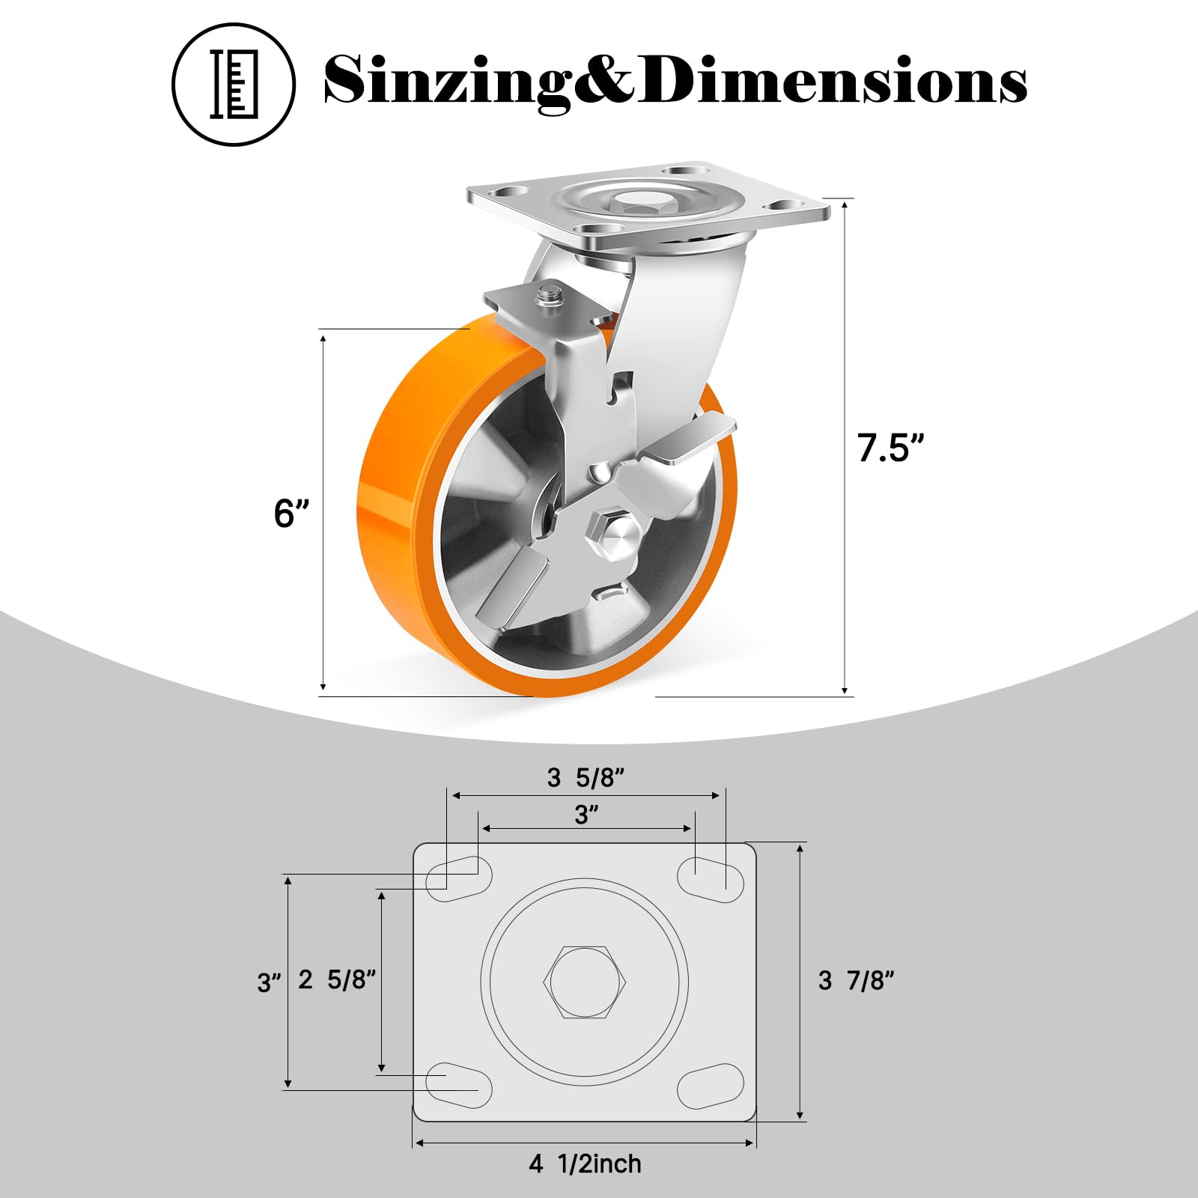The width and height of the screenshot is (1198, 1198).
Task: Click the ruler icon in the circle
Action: tap(234, 84)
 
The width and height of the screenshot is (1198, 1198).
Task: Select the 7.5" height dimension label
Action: tap(891, 447)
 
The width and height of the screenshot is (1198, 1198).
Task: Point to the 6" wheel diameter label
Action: tap(291, 514)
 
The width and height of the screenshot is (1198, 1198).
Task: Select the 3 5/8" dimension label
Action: tap(585, 778)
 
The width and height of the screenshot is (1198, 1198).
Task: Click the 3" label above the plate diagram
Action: tap(587, 815)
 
